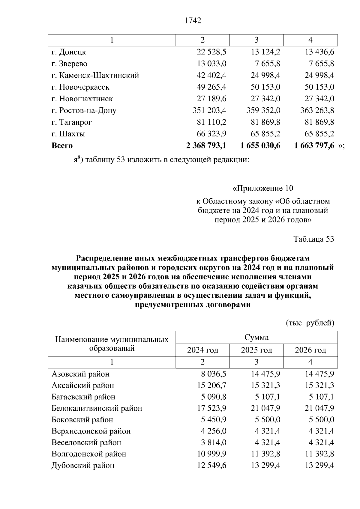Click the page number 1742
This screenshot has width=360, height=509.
(x=193, y=20)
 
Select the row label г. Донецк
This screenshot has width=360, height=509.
(x=69, y=52)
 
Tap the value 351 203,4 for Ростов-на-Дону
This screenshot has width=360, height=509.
(x=209, y=110)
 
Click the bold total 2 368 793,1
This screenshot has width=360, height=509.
(x=206, y=146)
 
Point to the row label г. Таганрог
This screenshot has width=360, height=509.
(x=72, y=122)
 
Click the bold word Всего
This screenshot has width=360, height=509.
(x=62, y=146)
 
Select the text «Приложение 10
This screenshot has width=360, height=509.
(x=263, y=188)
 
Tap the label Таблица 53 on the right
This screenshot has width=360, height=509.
(x=313, y=239)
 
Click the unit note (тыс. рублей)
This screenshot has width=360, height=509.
(x=310, y=323)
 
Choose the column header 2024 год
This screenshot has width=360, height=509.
(x=202, y=350)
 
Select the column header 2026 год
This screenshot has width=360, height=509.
(x=310, y=350)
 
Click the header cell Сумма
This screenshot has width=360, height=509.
(x=256, y=338)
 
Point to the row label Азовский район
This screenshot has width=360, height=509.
(x=80, y=374)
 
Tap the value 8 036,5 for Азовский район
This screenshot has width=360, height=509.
(x=214, y=374)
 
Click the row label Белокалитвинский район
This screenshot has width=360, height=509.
(x=97, y=408)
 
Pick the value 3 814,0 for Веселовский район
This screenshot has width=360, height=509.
(x=214, y=442)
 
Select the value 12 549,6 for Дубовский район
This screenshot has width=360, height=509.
(x=211, y=466)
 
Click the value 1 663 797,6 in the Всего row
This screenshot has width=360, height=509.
(x=314, y=146)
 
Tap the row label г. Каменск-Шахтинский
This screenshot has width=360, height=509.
(x=95, y=75)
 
